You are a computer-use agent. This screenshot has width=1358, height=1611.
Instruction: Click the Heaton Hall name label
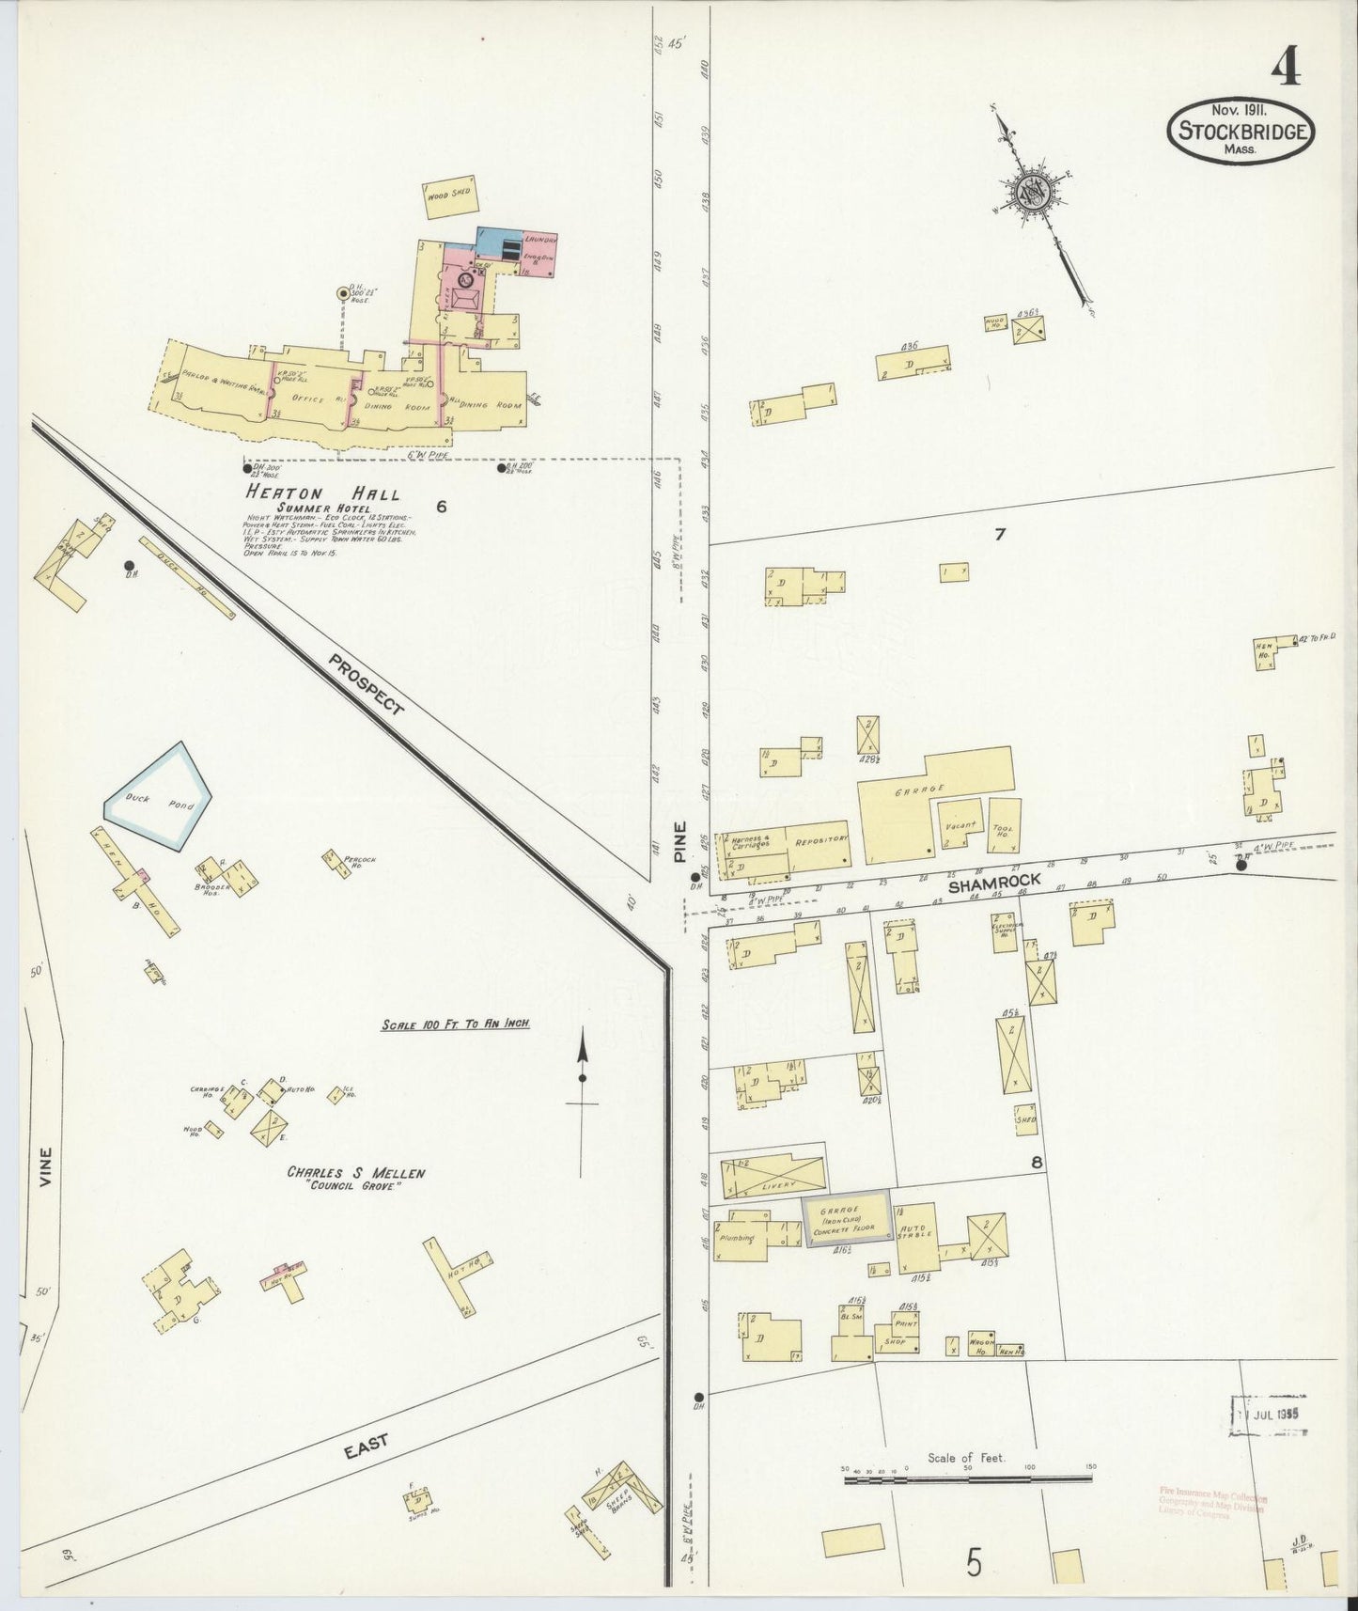point(323,493)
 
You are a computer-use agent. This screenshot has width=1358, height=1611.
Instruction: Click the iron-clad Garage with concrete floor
point(845,1221)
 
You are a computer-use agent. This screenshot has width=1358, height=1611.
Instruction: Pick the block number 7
point(1000,535)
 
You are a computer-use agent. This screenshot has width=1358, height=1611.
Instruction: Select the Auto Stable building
point(915,1234)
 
